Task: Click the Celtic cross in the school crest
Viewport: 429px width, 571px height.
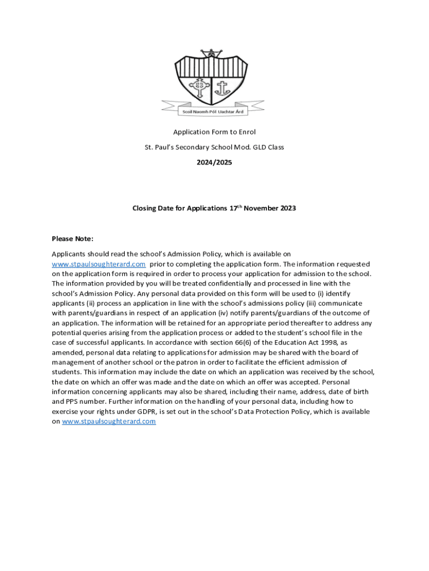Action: (199, 87)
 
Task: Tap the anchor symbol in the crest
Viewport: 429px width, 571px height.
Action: (223, 87)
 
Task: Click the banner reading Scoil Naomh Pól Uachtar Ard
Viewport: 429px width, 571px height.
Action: (213, 112)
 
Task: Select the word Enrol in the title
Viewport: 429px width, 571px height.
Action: (246, 132)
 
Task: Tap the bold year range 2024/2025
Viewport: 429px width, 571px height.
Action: (214, 162)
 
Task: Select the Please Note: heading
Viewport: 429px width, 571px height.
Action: (72, 239)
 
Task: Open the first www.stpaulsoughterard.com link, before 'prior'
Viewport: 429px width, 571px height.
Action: (99, 264)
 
